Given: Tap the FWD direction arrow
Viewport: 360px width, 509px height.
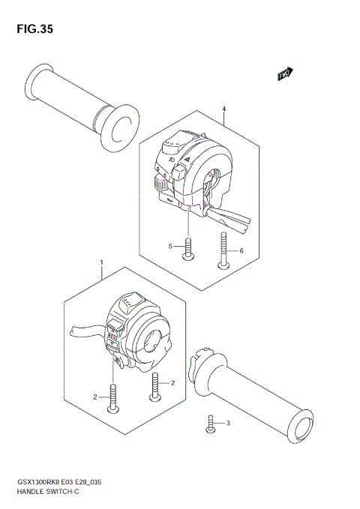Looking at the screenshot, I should tap(285, 73).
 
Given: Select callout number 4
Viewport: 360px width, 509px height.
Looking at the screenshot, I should tap(223, 109).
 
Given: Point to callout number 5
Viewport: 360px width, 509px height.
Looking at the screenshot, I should tap(170, 246).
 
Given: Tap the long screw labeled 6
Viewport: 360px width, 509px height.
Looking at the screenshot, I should tap(223, 251).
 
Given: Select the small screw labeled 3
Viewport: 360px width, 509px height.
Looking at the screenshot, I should tap(211, 425).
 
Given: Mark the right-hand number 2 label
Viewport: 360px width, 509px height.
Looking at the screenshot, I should tap(172, 383).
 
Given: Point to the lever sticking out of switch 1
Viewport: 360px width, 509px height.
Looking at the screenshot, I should tap(88, 329).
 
